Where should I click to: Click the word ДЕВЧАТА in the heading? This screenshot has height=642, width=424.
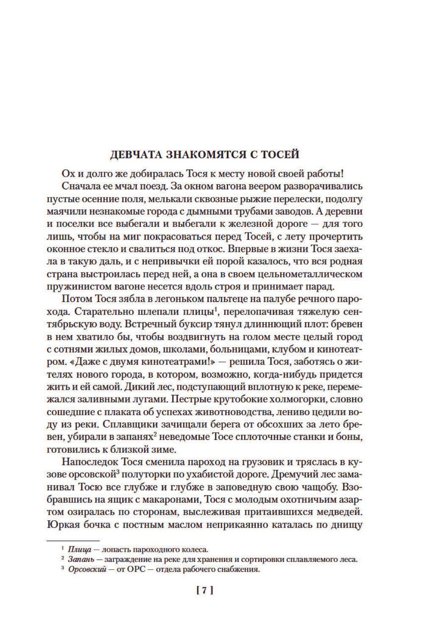[x=134, y=154]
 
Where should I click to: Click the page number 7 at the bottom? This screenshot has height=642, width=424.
[x=204, y=591]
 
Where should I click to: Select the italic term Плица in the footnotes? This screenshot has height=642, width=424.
[x=77, y=550]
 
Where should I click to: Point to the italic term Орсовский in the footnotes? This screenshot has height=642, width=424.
[x=86, y=569]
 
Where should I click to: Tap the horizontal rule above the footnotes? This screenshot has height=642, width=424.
[x=73, y=540]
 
